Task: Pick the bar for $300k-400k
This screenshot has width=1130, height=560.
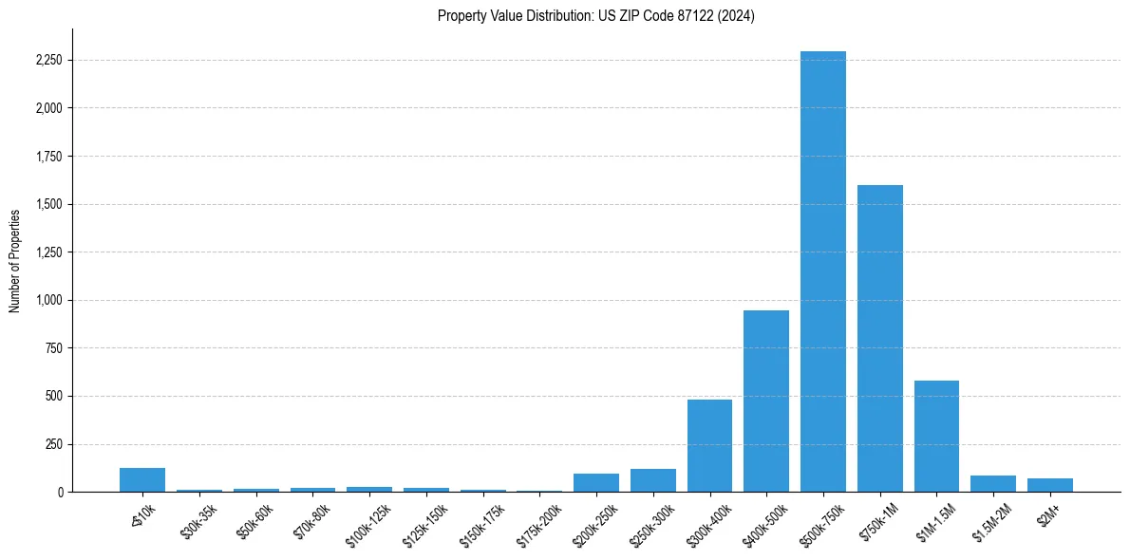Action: (709, 445)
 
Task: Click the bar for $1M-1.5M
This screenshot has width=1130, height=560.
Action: (936, 436)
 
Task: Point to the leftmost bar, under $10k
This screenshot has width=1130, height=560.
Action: (142, 480)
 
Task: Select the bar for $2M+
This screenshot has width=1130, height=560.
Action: (1049, 485)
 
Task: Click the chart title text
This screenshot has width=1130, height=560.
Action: (595, 16)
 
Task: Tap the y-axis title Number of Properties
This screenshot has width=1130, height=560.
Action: (15, 260)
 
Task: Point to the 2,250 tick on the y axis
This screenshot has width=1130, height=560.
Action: (47, 61)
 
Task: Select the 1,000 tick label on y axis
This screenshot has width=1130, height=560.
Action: (47, 300)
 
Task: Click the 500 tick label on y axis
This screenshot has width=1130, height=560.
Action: (53, 396)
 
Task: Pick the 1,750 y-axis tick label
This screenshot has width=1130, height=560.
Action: (47, 157)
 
